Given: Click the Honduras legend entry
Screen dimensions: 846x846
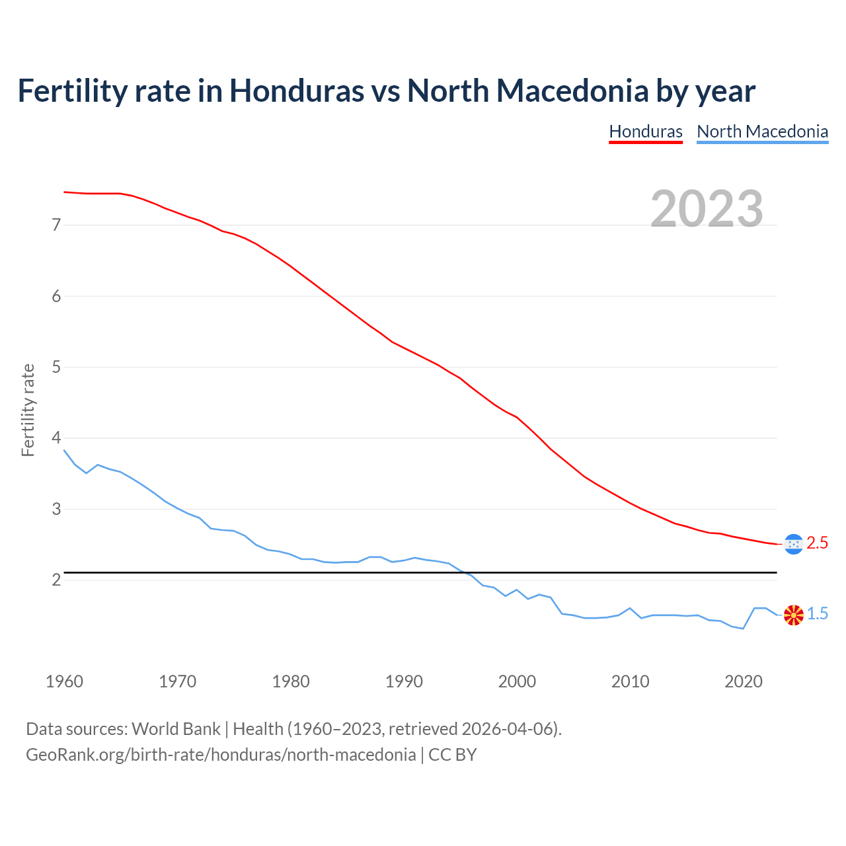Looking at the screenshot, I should (x=645, y=132).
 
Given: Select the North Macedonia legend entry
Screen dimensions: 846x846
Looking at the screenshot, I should (x=762, y=132).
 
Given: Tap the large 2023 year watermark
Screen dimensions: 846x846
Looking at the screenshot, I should (x=707, y=208).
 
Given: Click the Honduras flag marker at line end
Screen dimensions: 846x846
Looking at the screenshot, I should (x=793, y=544).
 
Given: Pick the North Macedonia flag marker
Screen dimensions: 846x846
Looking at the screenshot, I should (x=793, y=615).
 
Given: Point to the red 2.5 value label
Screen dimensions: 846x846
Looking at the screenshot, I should (x=818, y=543).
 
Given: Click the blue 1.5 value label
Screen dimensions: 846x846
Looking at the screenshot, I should (x=818, y=614).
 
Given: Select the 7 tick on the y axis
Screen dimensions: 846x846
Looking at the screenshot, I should (x=56, y=225).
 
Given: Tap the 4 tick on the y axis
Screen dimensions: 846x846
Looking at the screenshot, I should (x=56, y=438).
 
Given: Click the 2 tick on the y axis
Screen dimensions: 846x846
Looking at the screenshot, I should (x=56, y=580).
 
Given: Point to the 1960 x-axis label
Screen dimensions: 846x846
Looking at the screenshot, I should (x=64, y=681).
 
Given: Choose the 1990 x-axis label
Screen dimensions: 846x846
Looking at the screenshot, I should (x=404, y=681).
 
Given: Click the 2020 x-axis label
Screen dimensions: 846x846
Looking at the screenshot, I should (x=744, y=681).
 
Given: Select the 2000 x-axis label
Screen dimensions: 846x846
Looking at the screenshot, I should (x=517, y=681).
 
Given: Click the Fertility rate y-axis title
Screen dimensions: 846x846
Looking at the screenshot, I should (x=28, y=410).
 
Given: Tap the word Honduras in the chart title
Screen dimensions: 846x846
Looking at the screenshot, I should (x=296, y=91).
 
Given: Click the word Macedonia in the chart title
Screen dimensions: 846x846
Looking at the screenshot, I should (x=572, y=91).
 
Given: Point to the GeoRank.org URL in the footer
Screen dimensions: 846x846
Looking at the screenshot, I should (x=221, y=754).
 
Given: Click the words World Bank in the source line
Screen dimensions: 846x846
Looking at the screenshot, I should (x=176, y=729).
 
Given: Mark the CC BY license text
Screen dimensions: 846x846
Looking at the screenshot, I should (x=453, y=754).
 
